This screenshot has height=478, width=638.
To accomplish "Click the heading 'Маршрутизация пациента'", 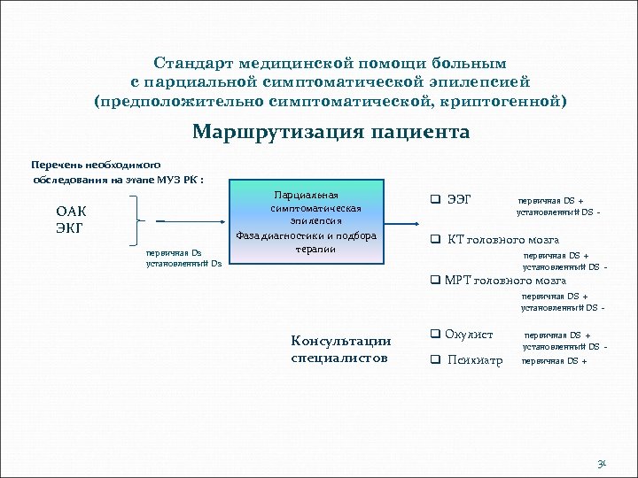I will coord(331,133).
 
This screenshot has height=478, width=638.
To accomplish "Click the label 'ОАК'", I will coord(72,212).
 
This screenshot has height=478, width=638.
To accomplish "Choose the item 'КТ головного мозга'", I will coord(502,239).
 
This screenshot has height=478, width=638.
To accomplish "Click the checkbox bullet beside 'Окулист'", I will coord(435,335).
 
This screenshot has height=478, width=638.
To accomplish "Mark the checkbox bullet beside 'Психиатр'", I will coord(435,359).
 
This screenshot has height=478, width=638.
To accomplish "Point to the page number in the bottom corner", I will coord(602,463).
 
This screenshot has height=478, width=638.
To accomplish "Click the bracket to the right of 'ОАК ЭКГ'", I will coord(138,220).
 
